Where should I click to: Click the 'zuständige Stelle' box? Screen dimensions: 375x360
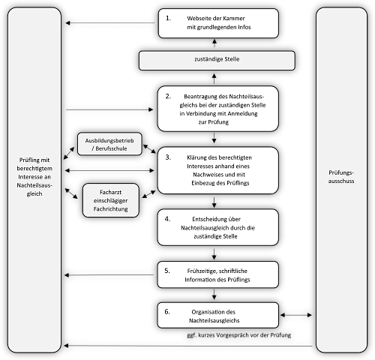tap(217, 61)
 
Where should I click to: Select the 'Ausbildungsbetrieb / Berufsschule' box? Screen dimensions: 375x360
tap(109, 144)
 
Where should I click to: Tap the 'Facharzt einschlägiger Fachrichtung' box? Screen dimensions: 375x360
tap(111, 200)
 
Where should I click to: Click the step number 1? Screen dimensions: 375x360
tap(168, 18)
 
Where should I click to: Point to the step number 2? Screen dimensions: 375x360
tap(168, 96)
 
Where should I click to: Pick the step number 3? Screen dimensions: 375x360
tap(168, 157)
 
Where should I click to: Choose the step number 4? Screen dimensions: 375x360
tap(167, 219)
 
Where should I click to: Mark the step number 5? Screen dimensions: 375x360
tap(167, 271)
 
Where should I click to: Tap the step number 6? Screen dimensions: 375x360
tap(167, 312)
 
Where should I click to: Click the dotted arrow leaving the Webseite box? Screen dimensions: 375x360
tap(110, 23)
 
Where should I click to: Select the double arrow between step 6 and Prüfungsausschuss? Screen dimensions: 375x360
tap(296, 315)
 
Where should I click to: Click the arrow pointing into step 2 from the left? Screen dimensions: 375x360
tap(109, 109)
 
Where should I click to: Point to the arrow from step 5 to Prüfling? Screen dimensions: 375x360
tap(109, 275)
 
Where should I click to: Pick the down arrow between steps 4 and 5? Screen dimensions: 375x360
tap(214, 254)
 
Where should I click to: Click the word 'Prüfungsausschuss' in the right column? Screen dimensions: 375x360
tap(341, 177)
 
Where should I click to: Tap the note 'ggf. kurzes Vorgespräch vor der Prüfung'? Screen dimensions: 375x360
tap(239, 335)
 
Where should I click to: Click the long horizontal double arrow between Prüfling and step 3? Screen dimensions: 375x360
tap(109, 170)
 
